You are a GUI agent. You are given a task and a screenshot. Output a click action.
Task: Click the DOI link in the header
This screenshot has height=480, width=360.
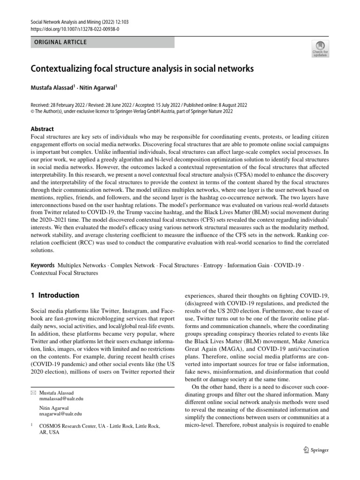75,29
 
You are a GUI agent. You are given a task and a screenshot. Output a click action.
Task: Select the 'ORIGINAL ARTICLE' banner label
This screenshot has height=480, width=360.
58,42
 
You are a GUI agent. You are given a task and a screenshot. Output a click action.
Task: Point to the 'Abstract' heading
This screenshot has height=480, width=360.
42,129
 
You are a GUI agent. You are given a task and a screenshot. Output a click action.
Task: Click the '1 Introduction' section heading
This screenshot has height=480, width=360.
55,295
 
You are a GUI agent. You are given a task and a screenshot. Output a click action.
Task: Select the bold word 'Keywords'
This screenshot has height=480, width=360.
43,265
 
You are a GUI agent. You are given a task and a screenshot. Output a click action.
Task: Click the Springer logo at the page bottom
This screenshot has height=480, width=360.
316,450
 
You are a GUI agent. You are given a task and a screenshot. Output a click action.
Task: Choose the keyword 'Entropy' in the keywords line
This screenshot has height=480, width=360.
214,265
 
